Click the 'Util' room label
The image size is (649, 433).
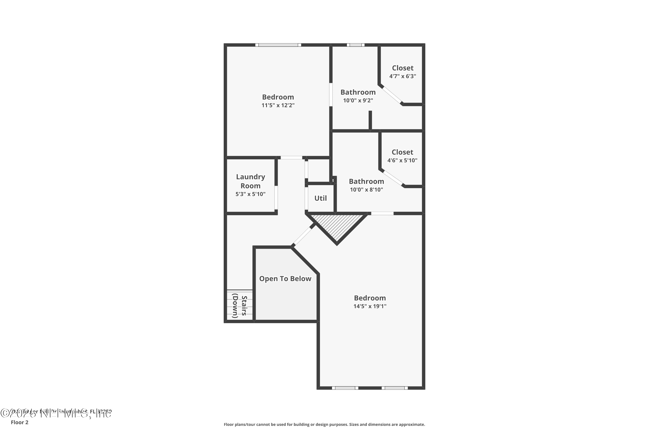point(320,198)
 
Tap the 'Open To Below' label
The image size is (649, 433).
point(285,279)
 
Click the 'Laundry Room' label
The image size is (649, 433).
point(251,181)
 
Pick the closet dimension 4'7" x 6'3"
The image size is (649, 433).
point(403,76)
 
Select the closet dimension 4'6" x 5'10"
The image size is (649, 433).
point(402,160)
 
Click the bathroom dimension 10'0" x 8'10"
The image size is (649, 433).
point(366,190)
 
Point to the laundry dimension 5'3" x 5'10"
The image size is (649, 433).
point(250,194)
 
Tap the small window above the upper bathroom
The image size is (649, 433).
point(355,45)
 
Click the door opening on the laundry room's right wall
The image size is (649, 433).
point(276,197)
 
